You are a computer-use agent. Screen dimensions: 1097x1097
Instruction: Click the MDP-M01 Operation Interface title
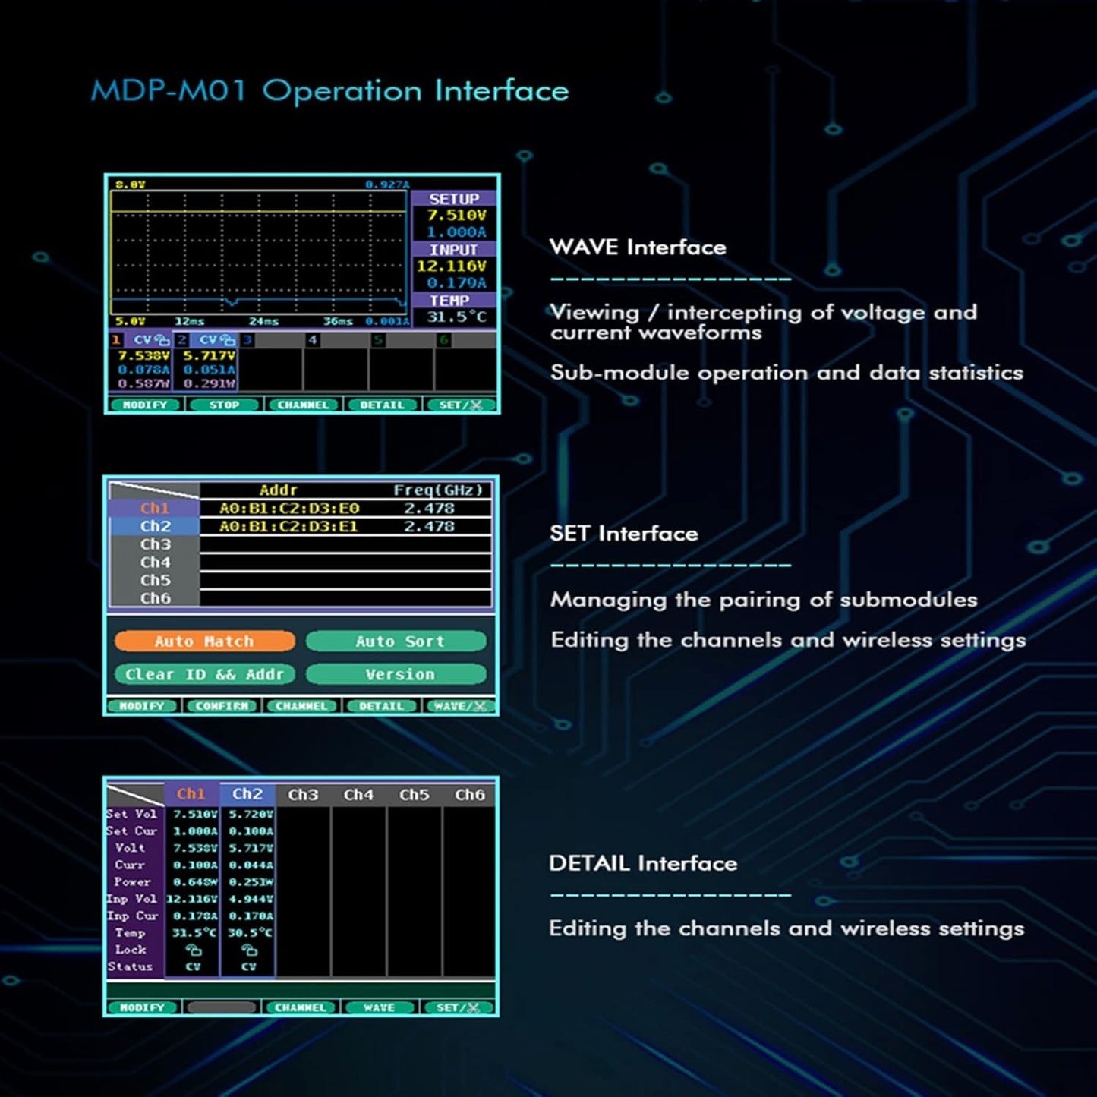329,91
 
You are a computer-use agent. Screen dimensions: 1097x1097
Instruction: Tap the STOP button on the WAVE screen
224,405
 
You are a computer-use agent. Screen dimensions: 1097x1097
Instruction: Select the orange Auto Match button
204,641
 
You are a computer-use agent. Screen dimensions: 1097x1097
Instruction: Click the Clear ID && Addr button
204,674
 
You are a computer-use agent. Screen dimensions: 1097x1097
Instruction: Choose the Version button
396,674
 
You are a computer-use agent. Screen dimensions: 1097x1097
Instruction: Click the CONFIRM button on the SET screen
222,706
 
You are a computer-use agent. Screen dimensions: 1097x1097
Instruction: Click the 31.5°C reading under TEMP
456,317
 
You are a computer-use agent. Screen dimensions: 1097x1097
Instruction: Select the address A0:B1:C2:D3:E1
288,526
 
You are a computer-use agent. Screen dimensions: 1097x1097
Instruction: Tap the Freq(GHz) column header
438,490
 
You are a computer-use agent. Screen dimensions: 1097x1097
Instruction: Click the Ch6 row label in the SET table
155,598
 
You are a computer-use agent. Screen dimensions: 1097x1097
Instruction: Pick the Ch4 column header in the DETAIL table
358,795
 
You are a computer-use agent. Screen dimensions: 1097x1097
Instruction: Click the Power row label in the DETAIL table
132,882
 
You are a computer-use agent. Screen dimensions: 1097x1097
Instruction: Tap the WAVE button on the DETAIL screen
379,1007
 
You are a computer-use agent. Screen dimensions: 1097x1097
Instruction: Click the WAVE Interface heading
637,247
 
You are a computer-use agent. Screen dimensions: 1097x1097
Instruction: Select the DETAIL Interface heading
642,863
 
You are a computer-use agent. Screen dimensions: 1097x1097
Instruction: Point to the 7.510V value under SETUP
456,216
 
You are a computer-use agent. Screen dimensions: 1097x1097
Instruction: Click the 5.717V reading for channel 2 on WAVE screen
210,355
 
